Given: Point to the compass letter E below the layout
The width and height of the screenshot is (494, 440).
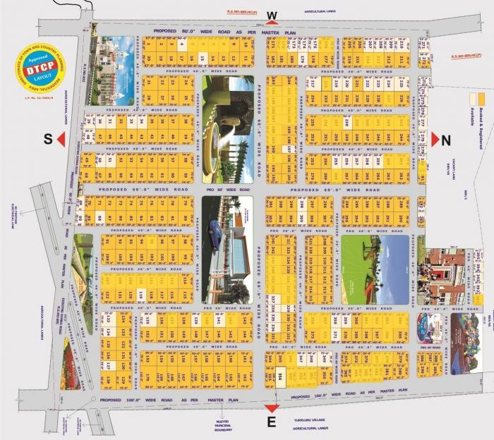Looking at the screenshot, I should pos(272,421).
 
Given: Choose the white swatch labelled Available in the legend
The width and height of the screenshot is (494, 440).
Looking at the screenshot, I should pos(473,99).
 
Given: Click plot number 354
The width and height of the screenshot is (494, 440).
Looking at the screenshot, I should pos(279,377).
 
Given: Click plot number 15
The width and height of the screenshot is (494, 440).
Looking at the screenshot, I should pos(203,59).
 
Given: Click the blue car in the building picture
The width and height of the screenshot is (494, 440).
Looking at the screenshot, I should pos(224,231).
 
